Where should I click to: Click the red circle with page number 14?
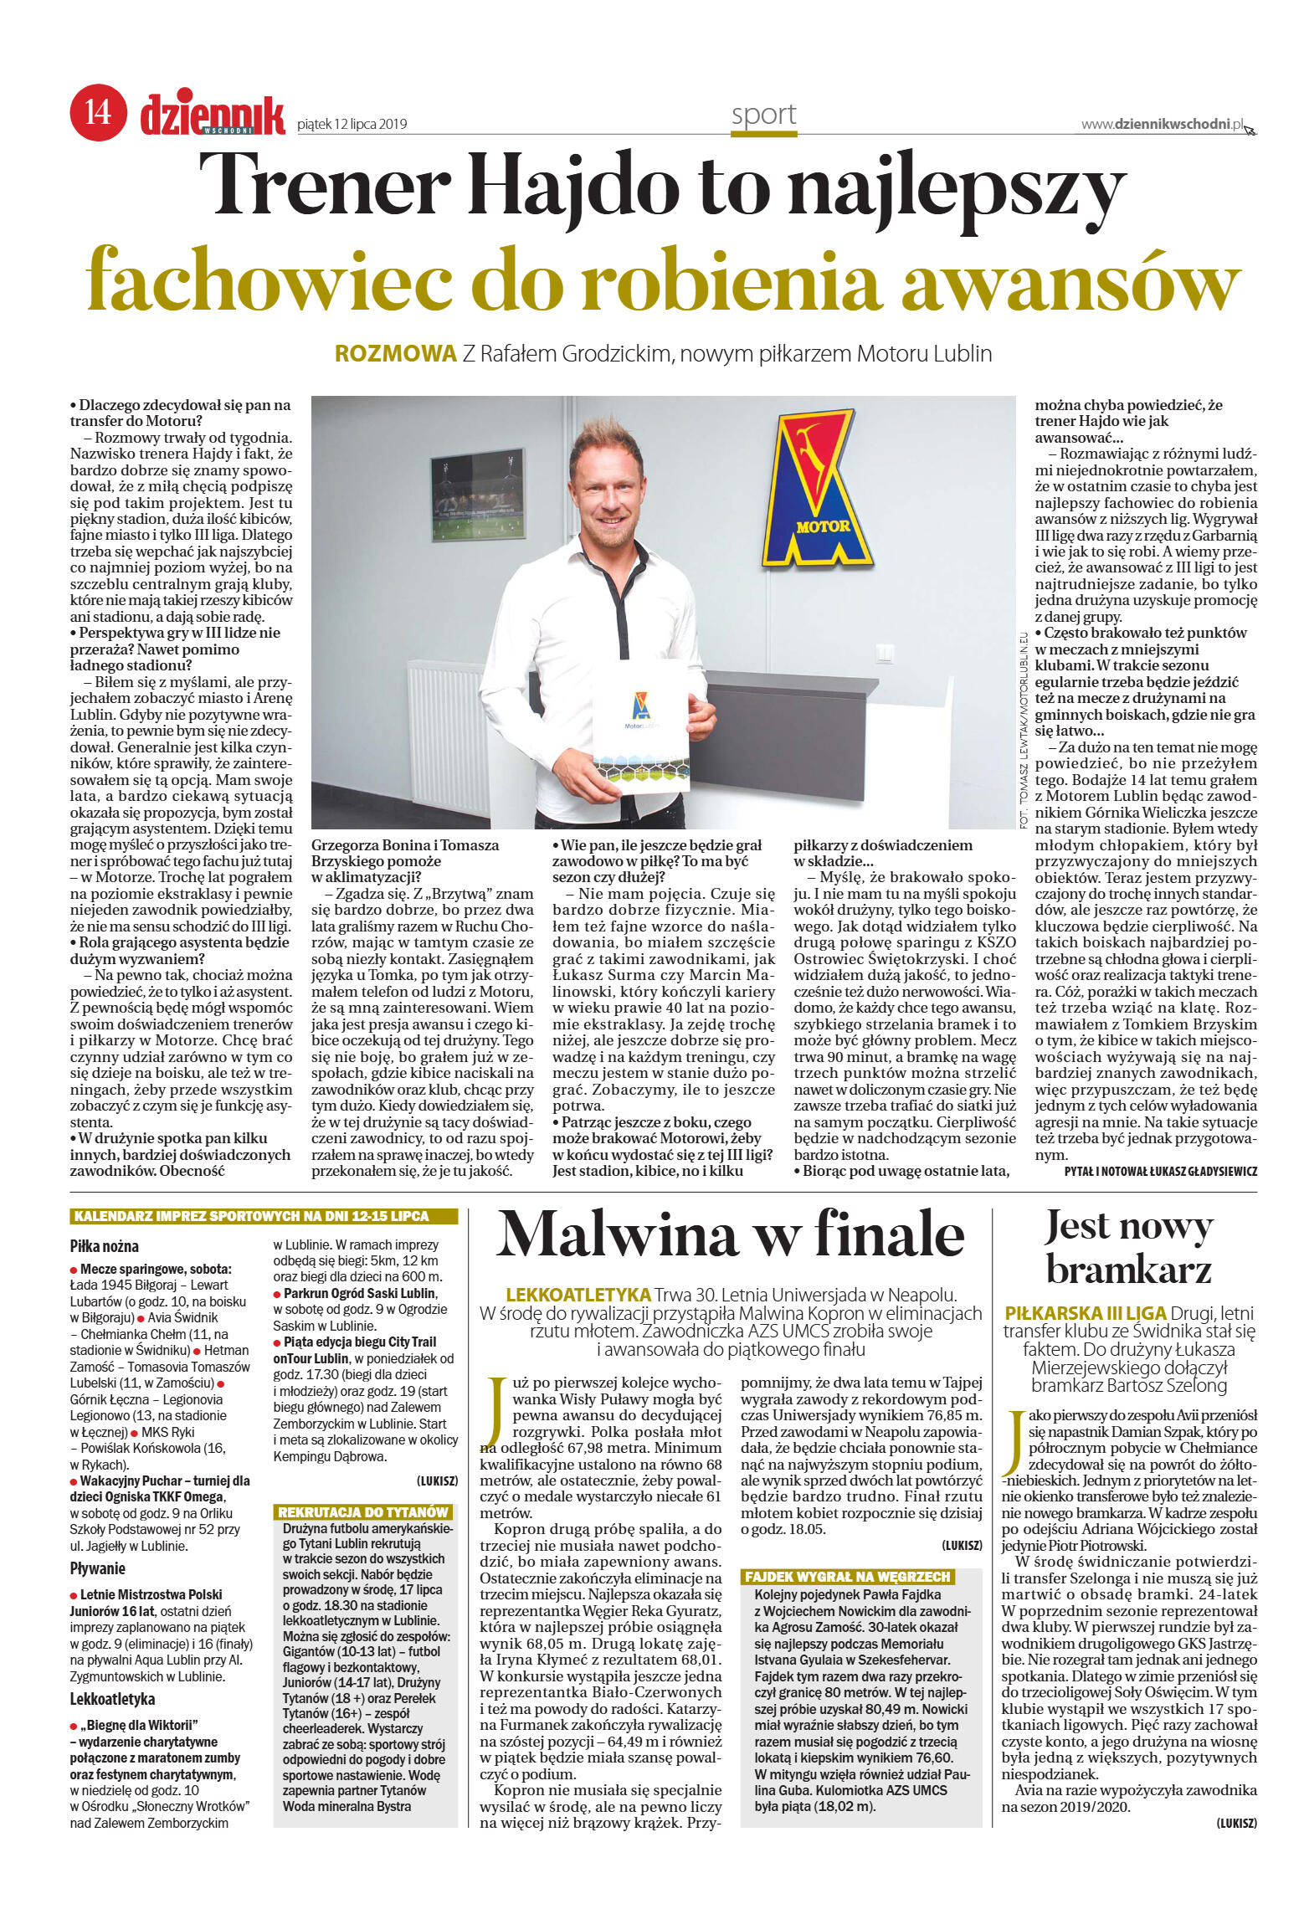(98, 112)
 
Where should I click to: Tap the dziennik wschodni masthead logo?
(213, 114)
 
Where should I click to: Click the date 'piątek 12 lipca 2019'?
(352, 124)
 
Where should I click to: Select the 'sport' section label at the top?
(763, 115)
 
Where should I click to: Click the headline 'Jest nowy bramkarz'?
(1128, 1248)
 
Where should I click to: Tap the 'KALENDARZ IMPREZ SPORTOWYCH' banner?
(264, 1216)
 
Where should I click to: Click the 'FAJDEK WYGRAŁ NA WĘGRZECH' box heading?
(847, 1577)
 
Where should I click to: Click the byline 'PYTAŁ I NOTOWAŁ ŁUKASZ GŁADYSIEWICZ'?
(1160, 1172)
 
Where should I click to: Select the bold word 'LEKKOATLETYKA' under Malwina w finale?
(578, 1294)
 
